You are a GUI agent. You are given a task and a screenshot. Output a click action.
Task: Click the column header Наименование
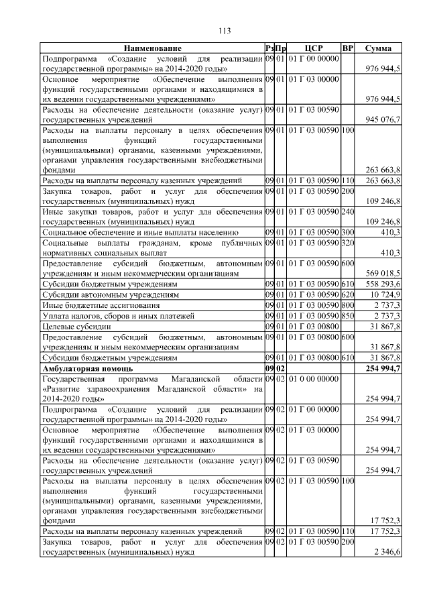pyautogui.click(x=151, y=48)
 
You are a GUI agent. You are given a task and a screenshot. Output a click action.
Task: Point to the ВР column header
pyautogui.click(x=347, y=48)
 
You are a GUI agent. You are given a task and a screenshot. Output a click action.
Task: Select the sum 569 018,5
pyautogui.click(x=382, y=274)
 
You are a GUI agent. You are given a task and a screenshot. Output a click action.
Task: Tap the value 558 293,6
pyautogui.click(x=382, y=284)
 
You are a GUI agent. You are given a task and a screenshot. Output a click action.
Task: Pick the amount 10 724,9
pyautogui.click(x=384, y=294)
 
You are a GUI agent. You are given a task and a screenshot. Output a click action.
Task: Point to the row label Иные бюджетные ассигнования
pyautogui.click(x=96, y=305)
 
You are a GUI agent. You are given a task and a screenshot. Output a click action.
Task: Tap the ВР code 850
pyautogui.click(x=347, y=316)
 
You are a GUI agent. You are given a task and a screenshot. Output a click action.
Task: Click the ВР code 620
pyautogui.click(x=347, y=294)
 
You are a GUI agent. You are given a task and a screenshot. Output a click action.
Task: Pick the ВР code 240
pyautogui.click(x=347, y=212)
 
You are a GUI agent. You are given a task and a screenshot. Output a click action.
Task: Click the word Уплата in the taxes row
pyautogui.click(x=56, y=316)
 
